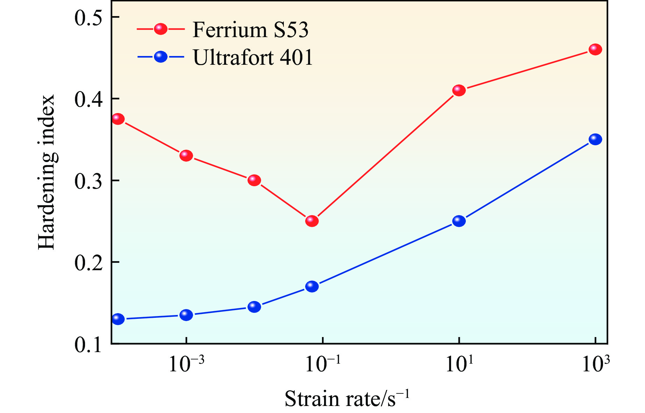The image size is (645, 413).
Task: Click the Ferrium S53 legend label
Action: point(250,30)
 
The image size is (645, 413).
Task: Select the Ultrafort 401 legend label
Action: point(253,57)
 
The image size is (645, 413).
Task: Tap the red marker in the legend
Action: point(161,29)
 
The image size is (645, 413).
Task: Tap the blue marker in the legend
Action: point(161,57)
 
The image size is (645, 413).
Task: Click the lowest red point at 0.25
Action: point(312,221)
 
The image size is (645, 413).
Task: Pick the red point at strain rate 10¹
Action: point(459,91)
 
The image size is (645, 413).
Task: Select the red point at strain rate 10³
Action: point(595,50)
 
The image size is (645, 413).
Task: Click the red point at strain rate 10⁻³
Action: point(186,156)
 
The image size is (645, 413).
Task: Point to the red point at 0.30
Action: point(254,181)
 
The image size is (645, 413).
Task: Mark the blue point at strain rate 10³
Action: point(595,139)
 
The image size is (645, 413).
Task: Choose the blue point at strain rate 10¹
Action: point(459,221)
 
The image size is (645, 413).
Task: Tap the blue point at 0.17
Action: point(312,287)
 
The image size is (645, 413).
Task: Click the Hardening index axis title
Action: point(47,172)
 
